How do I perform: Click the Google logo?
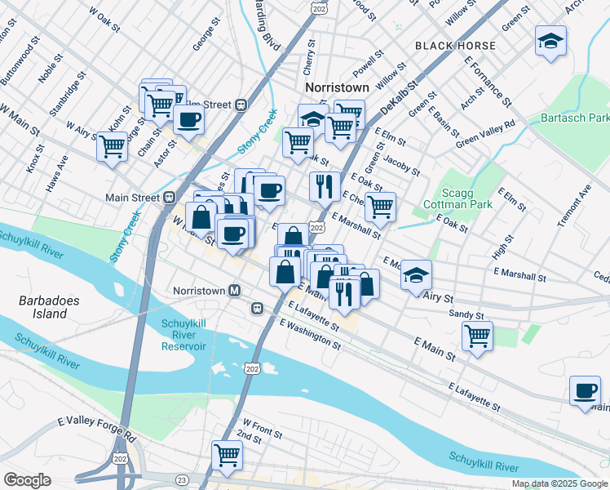[27, 480]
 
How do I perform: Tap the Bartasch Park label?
[575, 118]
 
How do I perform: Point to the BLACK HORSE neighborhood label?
[451, 45]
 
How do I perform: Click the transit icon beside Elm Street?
[241, 105]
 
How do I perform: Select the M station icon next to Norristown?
[235, 291]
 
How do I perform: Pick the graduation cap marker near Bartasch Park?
[551, 41]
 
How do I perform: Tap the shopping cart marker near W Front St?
[227, 454]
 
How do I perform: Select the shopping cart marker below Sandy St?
[477, 335]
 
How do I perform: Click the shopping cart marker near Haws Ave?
[113, 147]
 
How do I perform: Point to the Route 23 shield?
[182, 479]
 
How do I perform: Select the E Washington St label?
[310, 335]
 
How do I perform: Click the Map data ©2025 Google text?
[559, 483]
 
